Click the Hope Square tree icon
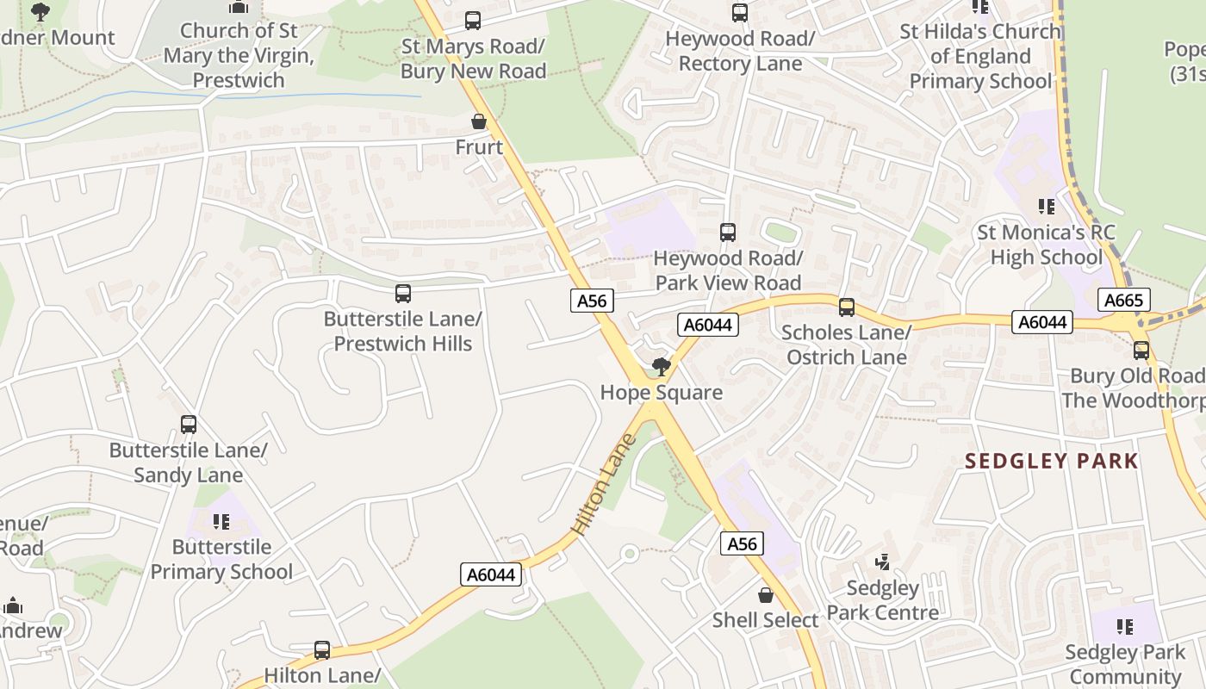point(661,368)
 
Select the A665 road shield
point(1123,300)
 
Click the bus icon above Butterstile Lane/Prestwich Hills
point(402,294)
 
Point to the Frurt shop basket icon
point(479,122)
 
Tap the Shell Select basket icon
point(765,595)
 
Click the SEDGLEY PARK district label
point(1052,461)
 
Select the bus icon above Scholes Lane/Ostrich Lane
point(846,307)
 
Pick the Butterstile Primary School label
point(221,559)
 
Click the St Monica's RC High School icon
point(1046,207)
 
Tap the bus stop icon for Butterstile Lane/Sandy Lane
point(189,425)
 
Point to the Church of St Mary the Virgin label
point(239,55)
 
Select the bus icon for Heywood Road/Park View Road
point(728,233)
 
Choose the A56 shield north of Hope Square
point(592,301)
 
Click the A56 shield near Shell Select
point(741,543)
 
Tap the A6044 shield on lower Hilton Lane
point(491,574)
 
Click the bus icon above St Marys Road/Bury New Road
point(472,21)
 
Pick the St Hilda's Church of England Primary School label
point(980,56)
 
